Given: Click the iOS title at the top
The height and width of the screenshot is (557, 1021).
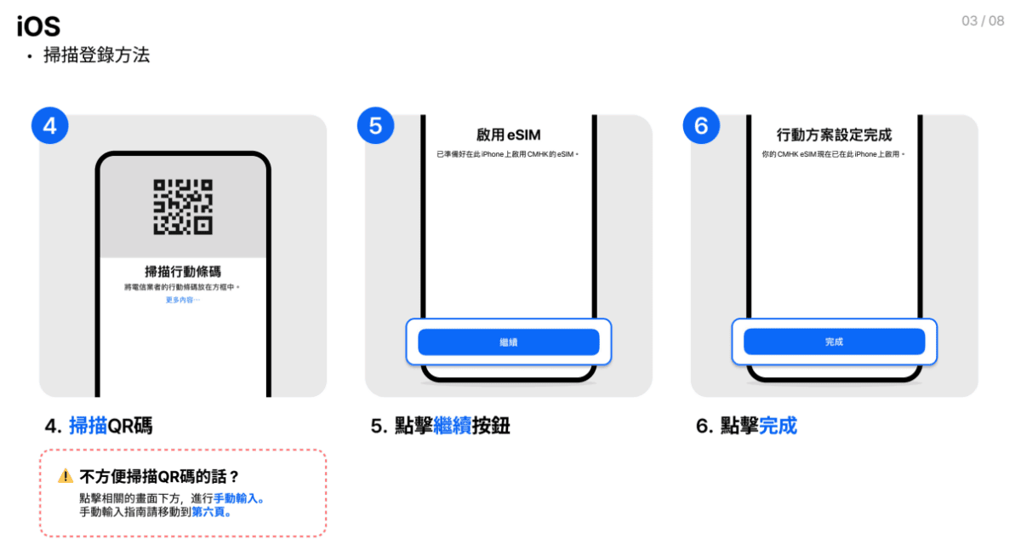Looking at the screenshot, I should [38, 26].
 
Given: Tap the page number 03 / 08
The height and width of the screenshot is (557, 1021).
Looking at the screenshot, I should [983, 21].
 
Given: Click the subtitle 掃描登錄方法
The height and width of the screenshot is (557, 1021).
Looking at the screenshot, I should [96, 55].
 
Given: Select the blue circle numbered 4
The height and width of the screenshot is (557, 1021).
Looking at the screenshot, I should [50, 125].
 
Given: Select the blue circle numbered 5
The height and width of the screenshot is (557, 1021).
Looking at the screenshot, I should [375, 125].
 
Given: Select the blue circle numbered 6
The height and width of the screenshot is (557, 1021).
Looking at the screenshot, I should [701, 125].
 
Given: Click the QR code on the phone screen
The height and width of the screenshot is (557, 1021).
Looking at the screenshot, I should [183, 206].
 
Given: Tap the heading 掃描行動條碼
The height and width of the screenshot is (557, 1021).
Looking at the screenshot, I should [183, 272].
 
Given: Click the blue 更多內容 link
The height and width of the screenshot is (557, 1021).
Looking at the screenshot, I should [182, 300].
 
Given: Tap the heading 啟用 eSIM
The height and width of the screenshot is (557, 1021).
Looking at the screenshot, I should [508, 135].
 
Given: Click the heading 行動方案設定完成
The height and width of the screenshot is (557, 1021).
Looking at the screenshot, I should [834, 135].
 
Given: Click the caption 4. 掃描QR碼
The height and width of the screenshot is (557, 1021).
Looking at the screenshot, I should [99, 426].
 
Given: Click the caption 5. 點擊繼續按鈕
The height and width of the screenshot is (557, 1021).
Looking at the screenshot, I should [440, 426].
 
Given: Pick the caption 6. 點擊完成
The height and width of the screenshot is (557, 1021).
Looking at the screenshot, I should [746, 426].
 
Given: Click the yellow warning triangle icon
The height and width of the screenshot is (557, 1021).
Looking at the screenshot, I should [66, 476].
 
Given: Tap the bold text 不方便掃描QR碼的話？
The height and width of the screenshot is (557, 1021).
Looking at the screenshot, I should [160, 476].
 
